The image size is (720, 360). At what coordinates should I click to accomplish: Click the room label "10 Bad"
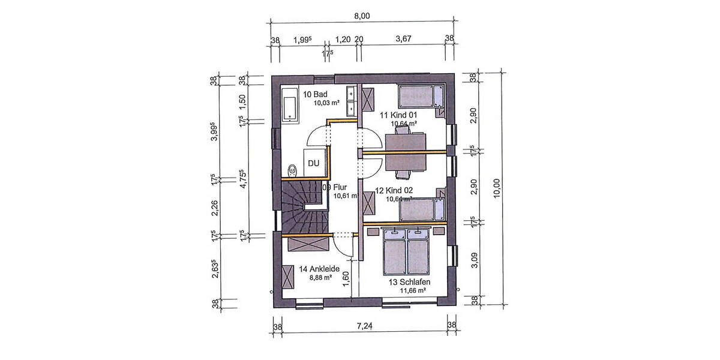point(314,94)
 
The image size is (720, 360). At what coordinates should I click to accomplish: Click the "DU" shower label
point(313,163)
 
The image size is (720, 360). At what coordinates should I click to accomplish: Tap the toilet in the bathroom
point(292,170)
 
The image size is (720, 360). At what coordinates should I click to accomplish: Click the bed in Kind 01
point(420,95)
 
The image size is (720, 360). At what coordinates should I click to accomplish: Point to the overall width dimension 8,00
point(361,16)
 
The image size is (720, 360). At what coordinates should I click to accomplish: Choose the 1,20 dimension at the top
point(343,40)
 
